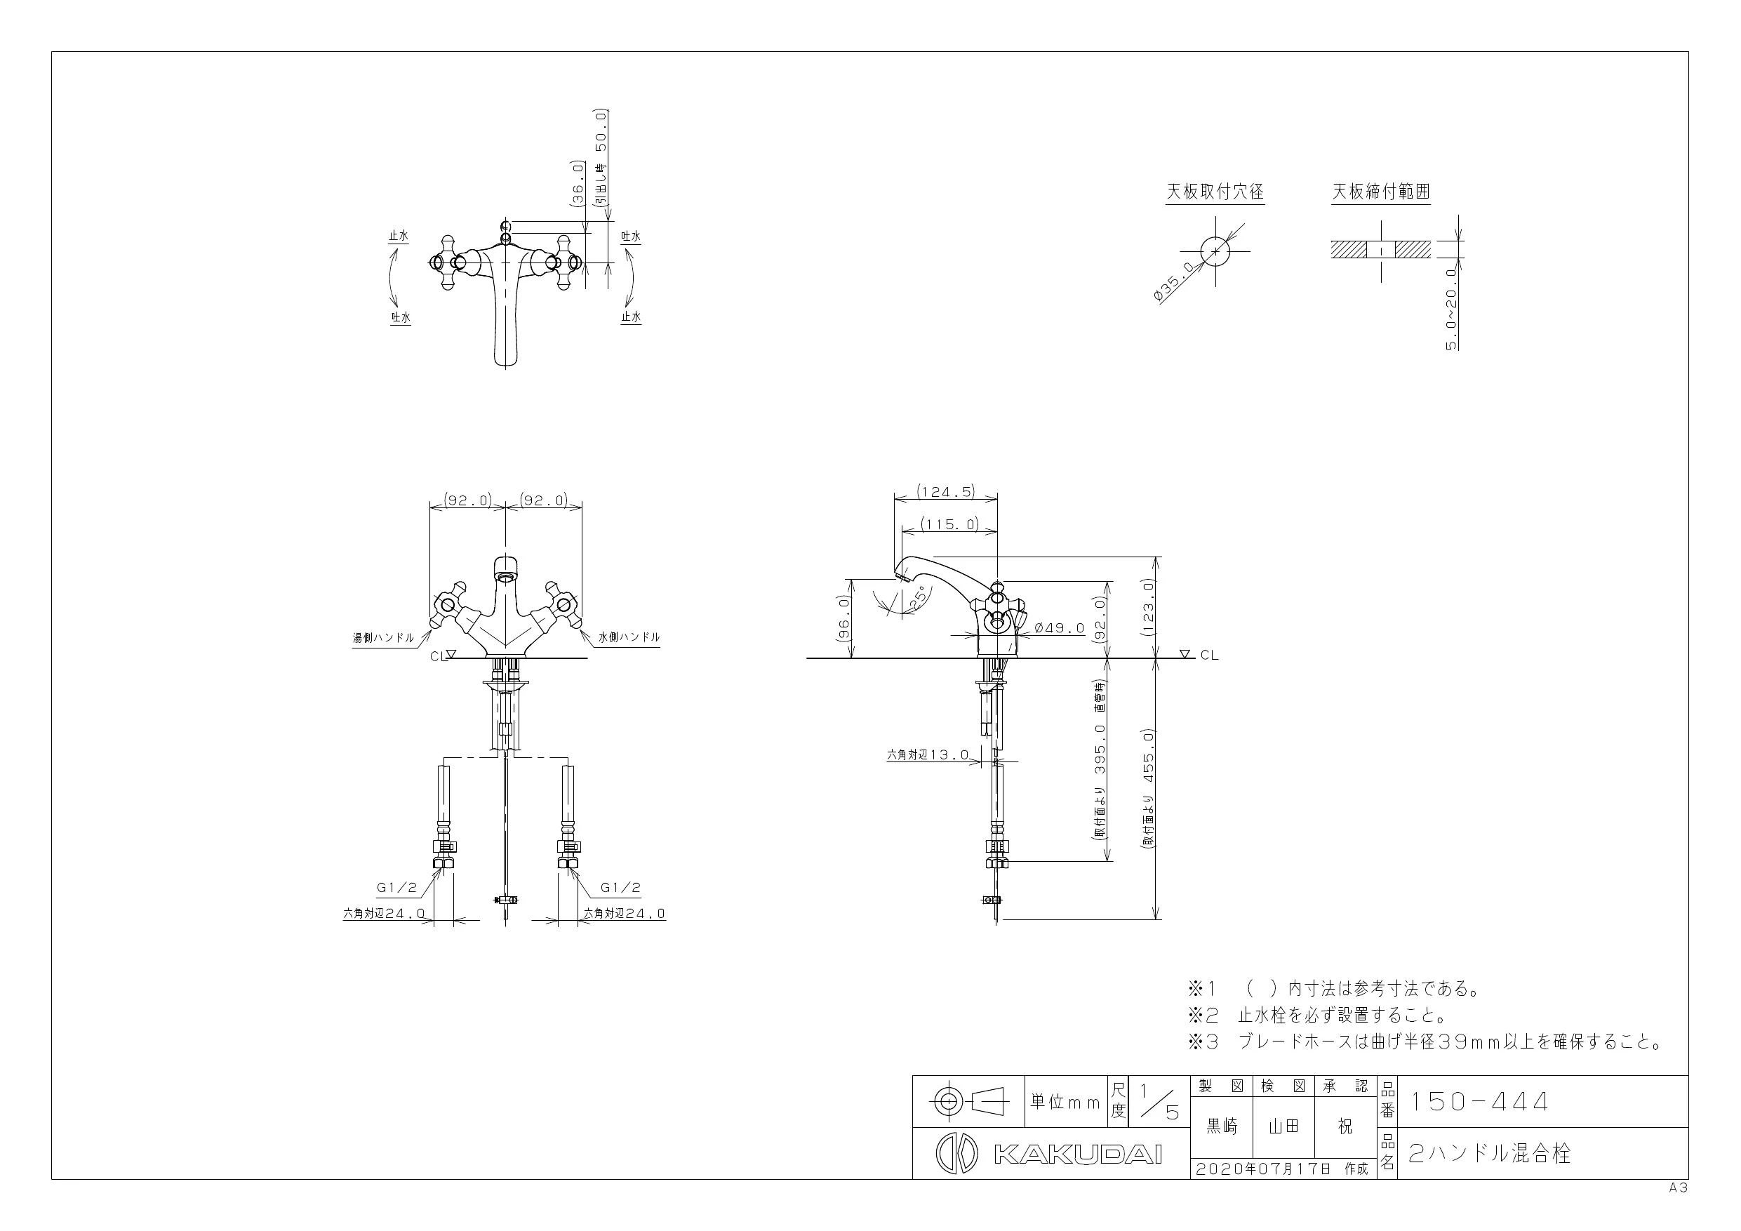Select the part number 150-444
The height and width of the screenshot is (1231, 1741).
point(1478,1101)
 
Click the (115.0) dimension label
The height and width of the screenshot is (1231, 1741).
point(949,524)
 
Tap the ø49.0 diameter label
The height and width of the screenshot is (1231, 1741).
point(1060,628)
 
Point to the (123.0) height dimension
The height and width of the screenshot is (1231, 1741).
point(1147,607)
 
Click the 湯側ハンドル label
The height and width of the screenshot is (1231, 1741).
point(384,638)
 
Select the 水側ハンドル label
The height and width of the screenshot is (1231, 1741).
point(629,638)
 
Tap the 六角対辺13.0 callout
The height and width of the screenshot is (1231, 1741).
point(928,754)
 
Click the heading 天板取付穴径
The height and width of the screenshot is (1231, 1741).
point(1215,192)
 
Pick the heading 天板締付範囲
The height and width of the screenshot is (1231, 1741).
point(1381,192)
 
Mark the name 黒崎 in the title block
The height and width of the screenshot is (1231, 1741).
point(1221,1128)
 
